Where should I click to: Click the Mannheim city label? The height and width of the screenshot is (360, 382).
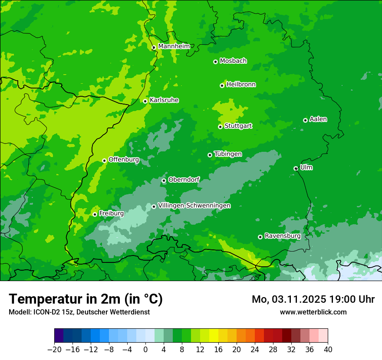click(174, 46)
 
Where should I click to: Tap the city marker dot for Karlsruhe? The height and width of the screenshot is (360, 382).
click(145, 101)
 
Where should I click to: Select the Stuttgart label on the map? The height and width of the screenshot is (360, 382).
click(238, 126)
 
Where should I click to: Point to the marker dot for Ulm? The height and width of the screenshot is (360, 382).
click(296, 168)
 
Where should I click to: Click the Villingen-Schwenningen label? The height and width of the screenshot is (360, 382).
click(194, 206)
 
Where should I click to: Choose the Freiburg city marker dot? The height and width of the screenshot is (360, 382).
click(95, 214)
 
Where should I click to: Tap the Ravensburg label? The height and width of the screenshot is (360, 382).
click(282, 236)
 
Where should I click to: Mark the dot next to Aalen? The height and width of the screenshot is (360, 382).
click(305, 120)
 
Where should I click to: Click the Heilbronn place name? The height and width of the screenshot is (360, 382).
click(241, 85)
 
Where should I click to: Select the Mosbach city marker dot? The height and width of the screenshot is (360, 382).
click(215, 62)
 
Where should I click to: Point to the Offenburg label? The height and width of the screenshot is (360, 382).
click(124, 160)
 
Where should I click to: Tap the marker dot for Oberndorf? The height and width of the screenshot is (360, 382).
click(164, 180)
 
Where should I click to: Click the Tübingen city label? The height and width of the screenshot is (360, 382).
click(228, 154)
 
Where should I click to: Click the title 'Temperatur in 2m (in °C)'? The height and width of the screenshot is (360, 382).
click(86, 299)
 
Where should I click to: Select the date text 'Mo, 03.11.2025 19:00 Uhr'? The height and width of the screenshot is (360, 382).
click(313, 299)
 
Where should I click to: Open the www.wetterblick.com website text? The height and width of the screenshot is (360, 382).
click(313, 312)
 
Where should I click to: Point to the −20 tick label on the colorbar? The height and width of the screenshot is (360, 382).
click(54, 349)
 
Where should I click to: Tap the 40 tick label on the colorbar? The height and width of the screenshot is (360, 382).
click(328, 349)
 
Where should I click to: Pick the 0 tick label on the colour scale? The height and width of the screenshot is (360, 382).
click(145, 349)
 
